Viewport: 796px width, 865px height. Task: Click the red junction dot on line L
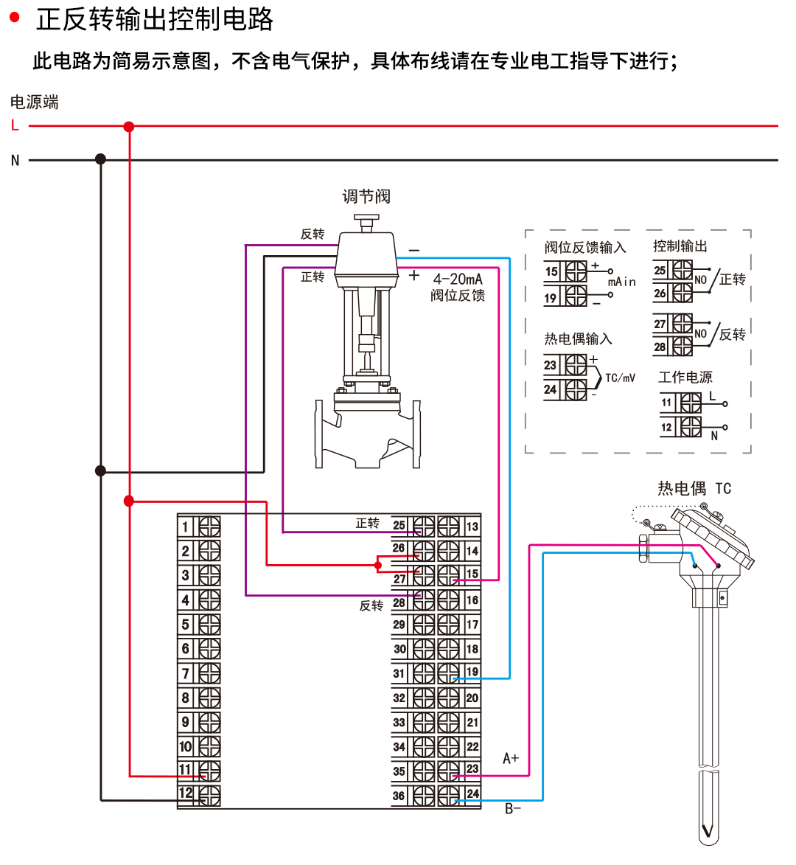(129, 127)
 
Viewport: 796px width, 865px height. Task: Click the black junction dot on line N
(101, 159)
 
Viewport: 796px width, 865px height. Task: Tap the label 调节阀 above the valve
(366, 196)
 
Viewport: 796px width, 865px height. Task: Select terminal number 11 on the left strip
(185, 770)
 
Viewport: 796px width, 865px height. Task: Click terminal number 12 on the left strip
(185, 793)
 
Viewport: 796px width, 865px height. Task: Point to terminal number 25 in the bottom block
(399, 525)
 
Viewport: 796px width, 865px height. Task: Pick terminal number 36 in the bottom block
(399, 796)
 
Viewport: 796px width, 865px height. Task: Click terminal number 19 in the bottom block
(472, 672)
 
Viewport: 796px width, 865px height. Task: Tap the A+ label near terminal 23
(511, 758)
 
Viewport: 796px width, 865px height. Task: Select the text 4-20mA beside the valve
(457, 279)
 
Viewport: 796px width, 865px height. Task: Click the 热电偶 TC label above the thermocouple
(694, 488)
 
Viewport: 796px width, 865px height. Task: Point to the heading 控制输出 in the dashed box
(680, 246)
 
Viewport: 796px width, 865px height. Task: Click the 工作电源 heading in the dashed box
(685, 377)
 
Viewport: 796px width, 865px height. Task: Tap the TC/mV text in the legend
(620, 378)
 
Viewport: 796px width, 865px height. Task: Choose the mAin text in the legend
(621, 282)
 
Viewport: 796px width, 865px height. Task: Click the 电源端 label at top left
(34, 102)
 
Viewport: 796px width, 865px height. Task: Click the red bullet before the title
(15, 18)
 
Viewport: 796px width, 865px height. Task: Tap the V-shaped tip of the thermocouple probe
(708, 832)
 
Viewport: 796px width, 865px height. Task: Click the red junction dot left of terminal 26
(378, 566)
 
